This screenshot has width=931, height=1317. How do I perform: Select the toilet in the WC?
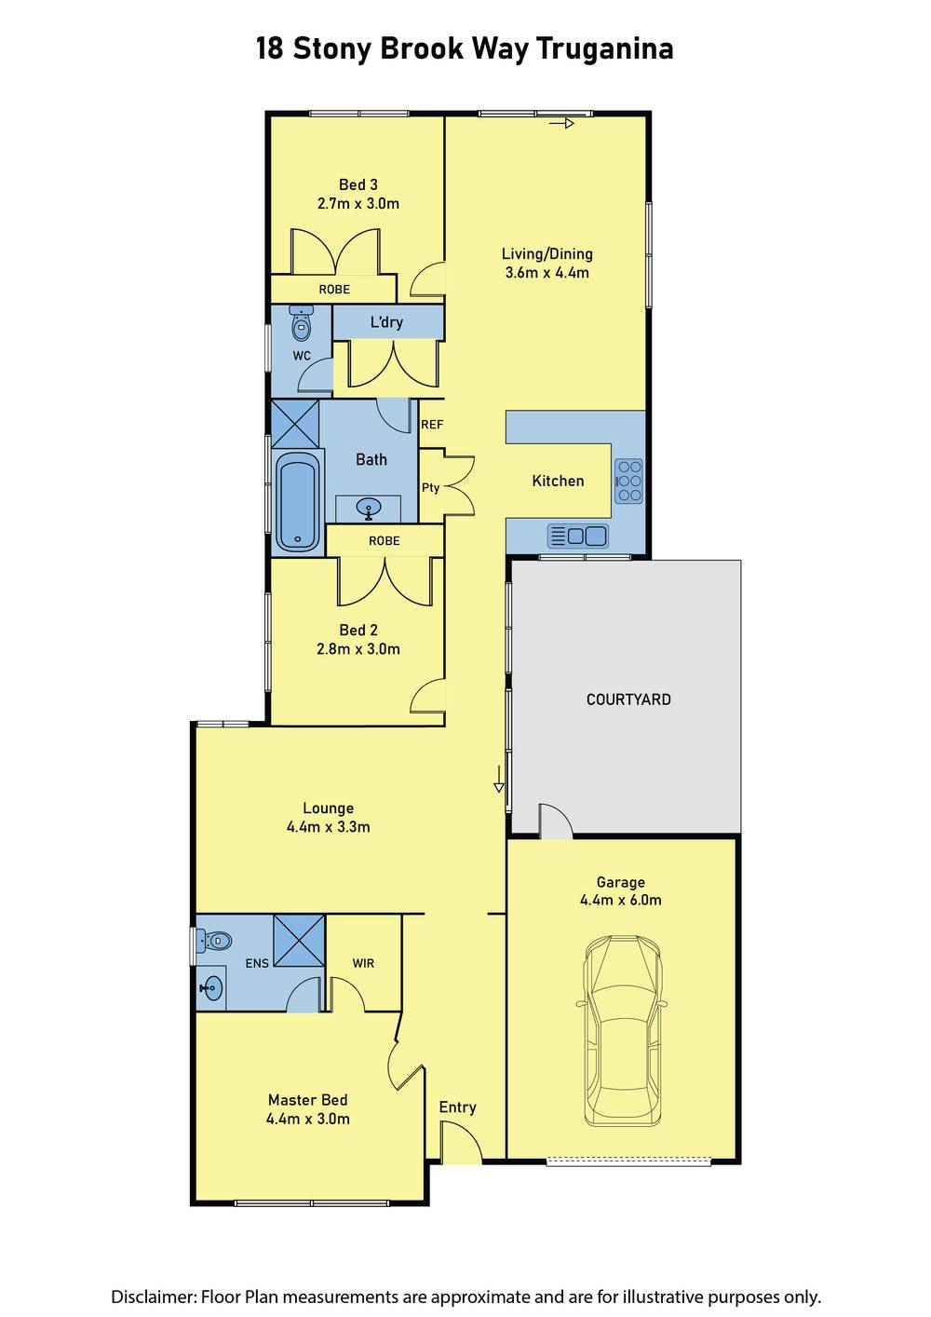(302, 323)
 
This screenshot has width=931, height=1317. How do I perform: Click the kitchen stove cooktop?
(629, 481)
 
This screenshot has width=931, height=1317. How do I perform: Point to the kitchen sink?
(578, 536)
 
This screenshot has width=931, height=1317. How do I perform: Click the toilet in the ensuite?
(213, 941)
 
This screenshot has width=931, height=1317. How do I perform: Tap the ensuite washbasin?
(210, 988)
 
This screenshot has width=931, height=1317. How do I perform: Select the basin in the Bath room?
(369, 508)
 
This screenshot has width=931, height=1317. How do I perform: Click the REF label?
(432, 425)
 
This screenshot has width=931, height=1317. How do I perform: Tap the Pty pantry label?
(431, 487)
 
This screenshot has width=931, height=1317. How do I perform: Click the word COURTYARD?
(628, 699)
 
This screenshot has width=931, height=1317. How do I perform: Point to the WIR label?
(363, 963)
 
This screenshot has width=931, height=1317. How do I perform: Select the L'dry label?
(386, 321)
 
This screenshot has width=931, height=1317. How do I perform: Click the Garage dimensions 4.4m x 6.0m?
(621, 900)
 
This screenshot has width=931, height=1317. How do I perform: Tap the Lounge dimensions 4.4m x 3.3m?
(328, 827)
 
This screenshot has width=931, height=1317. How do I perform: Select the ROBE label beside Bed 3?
(334, 290)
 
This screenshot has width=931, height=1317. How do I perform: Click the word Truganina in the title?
(605, 49)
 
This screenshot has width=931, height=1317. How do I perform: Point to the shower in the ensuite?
(299, 940)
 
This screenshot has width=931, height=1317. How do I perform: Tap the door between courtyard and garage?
(556, 819)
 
